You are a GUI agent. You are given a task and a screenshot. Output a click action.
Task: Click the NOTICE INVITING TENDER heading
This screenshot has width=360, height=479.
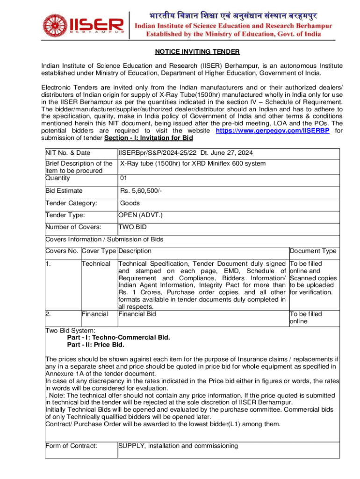191,51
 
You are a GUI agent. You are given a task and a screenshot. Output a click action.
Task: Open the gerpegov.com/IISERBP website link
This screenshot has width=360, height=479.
273,131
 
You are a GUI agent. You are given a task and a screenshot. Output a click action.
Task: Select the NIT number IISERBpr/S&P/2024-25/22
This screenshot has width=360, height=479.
158,153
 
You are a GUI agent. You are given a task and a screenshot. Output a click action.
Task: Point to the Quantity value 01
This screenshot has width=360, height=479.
123,178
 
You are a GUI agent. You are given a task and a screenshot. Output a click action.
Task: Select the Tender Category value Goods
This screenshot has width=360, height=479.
130,203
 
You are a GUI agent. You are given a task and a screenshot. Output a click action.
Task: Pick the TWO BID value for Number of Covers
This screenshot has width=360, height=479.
132,227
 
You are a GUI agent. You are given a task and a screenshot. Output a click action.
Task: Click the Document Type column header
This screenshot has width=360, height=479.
313,251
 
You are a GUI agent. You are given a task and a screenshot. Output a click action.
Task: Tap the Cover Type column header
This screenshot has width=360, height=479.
99,251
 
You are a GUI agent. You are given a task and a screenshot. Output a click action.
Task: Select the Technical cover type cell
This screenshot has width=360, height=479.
96,264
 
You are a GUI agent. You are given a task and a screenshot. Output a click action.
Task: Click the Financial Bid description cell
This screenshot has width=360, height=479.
137,314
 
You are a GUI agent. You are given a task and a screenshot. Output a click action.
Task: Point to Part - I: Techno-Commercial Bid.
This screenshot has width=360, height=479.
119,337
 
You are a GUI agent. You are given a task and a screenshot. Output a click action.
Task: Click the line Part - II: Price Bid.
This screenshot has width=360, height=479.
96,345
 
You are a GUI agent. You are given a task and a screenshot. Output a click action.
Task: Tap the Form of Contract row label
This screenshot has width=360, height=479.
71,445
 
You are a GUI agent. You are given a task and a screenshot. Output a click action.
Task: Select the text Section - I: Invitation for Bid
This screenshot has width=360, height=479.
149,138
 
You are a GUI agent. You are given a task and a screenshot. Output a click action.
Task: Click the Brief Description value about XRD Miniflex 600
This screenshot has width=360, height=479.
193,163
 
